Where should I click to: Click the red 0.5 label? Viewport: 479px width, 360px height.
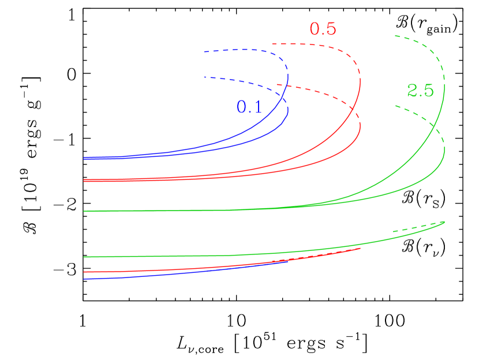coord(323,29)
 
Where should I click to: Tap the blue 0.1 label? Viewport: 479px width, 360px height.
coord(249,107)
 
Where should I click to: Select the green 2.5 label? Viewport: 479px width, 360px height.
coord(420,91)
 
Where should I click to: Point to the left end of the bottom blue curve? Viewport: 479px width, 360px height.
coord(84,279)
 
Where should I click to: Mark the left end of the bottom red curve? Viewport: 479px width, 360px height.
coord(84,272)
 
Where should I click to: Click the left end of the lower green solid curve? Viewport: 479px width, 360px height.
coord(84,257)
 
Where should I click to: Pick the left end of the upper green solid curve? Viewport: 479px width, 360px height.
coord(84,211)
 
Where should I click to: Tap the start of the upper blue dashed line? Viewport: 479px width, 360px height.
coord(204,52)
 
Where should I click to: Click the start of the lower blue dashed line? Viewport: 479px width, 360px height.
coord(204,77)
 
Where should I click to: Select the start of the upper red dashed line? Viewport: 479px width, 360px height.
coord(273,44)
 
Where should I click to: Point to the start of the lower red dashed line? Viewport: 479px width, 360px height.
coord(277,85)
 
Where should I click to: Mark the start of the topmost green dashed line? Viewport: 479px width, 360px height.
coord(395,36)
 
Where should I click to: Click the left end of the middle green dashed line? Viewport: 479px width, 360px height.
coord(396,106)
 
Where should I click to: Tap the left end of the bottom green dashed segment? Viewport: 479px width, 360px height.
coord(394,232)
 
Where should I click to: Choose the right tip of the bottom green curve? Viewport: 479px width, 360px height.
coord(444,222)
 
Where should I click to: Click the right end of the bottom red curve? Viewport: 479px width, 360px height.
coord(360,249)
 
